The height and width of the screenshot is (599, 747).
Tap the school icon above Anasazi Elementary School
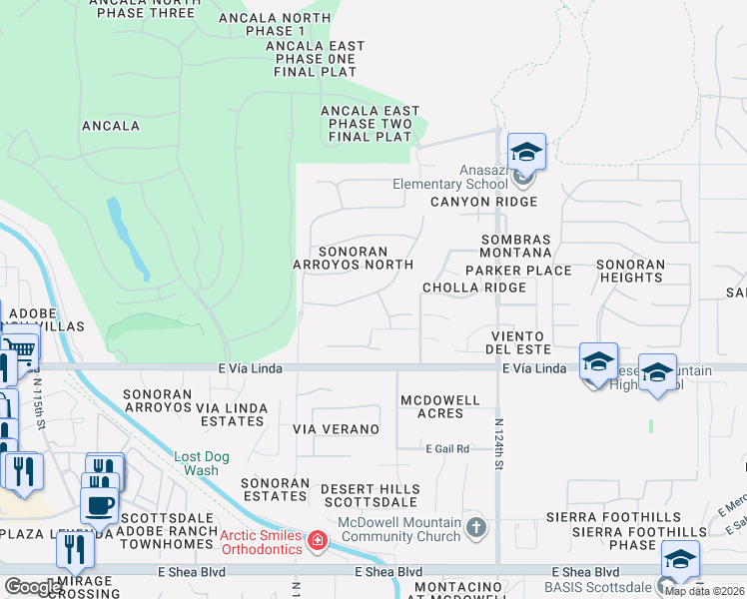click(x=526, y=153)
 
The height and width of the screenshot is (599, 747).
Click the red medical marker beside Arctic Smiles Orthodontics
click(x=318, y=542)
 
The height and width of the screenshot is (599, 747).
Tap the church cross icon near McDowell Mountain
click(x=476, y=526)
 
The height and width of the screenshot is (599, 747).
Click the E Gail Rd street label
click(x=445, y=449)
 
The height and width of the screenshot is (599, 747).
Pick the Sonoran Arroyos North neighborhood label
click(x=353, y=258)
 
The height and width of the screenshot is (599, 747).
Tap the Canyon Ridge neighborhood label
click(x=484, y=202)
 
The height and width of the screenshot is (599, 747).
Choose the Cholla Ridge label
click(x=473, y=288)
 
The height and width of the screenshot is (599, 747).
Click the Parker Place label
click(x=518, y=271)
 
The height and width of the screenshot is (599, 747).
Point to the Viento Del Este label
click(x=518, y=342)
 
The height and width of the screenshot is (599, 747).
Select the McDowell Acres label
click(x=440, y=407)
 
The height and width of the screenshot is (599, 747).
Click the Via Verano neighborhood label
click(x=336, y=429)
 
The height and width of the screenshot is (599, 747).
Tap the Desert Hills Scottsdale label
click(x=370, y=495)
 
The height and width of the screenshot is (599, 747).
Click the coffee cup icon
click(x=99, y=502)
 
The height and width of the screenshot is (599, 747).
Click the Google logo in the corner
click(x=33, y=586)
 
